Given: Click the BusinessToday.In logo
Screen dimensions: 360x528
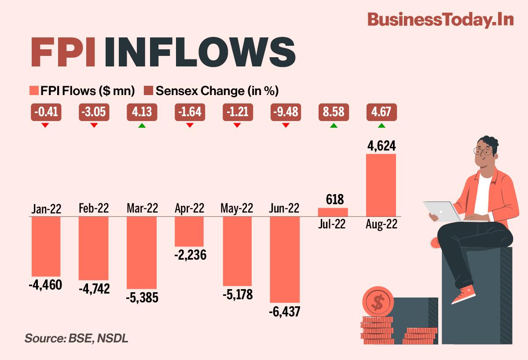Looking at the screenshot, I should click(x=440, y=20).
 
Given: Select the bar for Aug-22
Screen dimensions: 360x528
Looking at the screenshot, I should click(x=381, y=185).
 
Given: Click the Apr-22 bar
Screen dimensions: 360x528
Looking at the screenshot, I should click(x=189, y=231).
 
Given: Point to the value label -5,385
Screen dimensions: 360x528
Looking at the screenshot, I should click(x=142, y=298).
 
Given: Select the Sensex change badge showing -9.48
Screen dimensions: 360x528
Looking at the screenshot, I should click(x=285, y=112).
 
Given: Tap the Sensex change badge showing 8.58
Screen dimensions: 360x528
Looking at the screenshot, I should click(x=333, y=112).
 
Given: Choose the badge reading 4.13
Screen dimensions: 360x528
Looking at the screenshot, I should click(x=141, y=112).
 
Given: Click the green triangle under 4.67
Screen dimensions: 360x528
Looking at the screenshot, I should click(x=381, y=126).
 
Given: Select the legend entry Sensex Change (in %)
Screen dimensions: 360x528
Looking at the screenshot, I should click(x=212, y=91).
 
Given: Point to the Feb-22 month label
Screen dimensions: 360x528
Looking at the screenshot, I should click(x=93, y=208).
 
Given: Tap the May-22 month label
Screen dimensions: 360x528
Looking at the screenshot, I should click(x=237, y=208).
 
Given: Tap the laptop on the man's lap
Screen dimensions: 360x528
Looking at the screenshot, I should click(x=441, y=211).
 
